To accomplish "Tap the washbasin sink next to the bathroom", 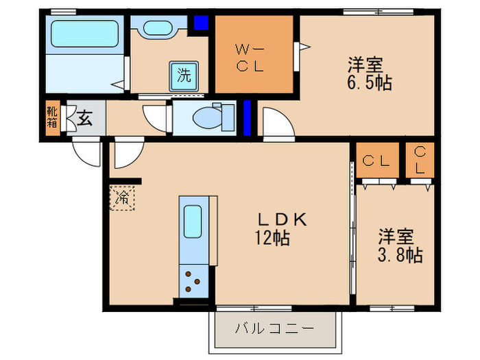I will (158, 29).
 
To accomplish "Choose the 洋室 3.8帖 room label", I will (400, 246).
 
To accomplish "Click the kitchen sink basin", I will (193, 222).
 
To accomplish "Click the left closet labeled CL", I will (376, 161).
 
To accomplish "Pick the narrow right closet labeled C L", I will (420, 161).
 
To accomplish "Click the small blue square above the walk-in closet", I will (201, 23).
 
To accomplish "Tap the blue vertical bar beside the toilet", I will (248, 119).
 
